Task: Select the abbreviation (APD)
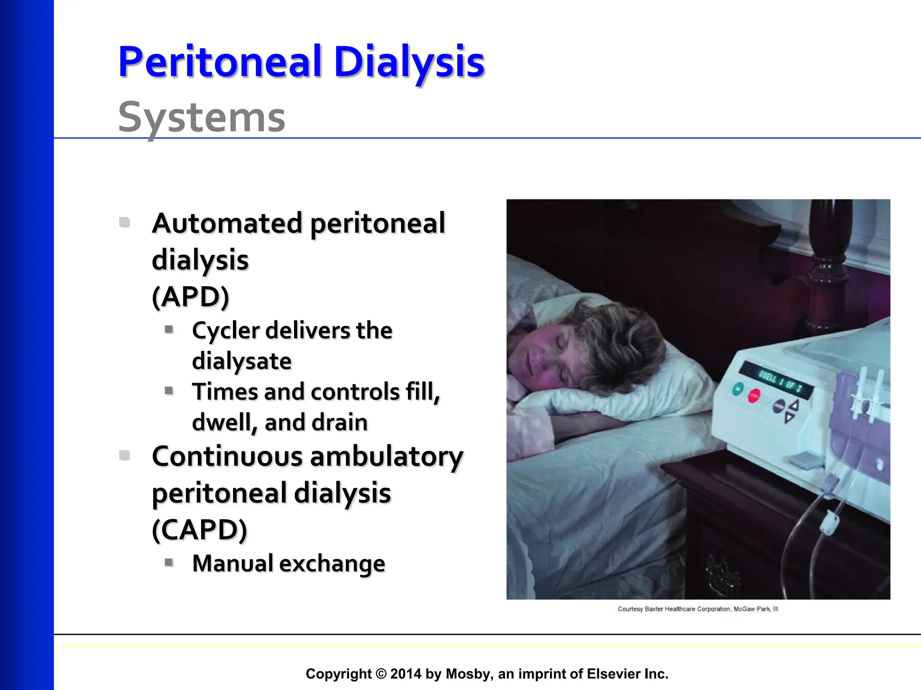(x=191, y=296)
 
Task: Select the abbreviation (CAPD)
(x=200, y=530)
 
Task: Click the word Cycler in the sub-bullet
(x=226, y=330)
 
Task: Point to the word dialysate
(x=242, y=361)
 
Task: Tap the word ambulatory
(x=386, y=456)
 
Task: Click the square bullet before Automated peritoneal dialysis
(x=125, y=222)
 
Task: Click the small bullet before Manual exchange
(x=169, y=562)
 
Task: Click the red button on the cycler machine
(x=754, y=396)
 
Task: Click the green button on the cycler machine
(x=738, y=389)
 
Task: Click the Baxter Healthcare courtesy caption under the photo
(x=698, y=609)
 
